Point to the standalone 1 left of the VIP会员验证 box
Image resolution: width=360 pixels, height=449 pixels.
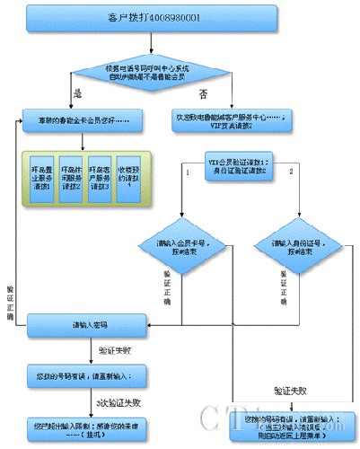click(185, 167)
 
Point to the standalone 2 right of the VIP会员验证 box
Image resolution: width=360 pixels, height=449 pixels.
click(290, 167)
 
